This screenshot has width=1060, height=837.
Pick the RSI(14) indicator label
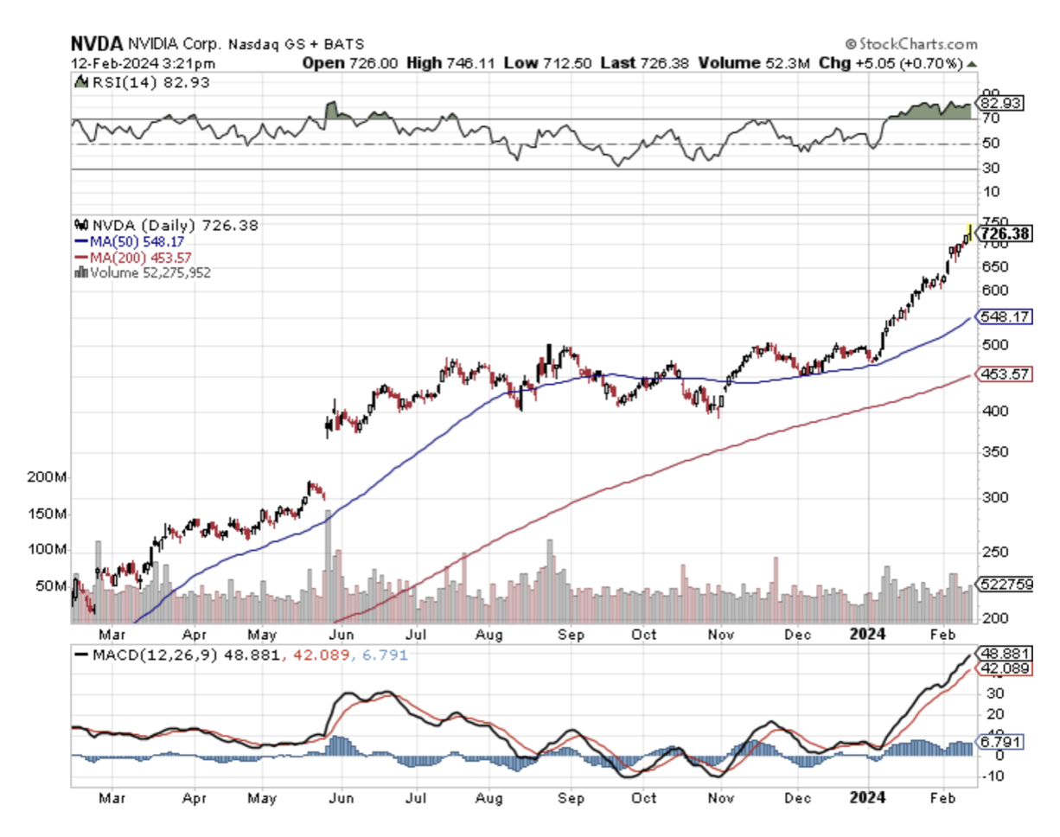pos(120,83)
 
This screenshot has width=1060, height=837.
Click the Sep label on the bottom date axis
pos(570,798)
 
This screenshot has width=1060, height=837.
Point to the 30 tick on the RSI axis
pos(991,169)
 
